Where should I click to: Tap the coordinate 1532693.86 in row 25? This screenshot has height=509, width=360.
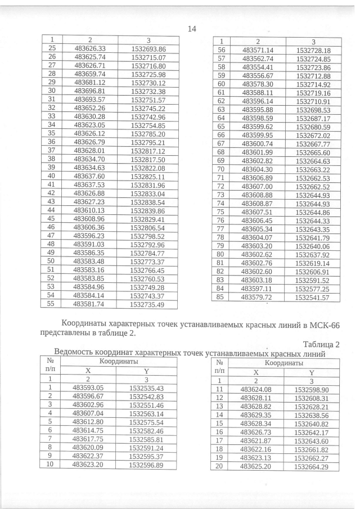click(x=147, y=49)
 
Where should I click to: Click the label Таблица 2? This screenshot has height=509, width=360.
click(x=319, y=344)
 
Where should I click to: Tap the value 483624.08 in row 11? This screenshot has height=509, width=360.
click(x=256, y=389)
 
